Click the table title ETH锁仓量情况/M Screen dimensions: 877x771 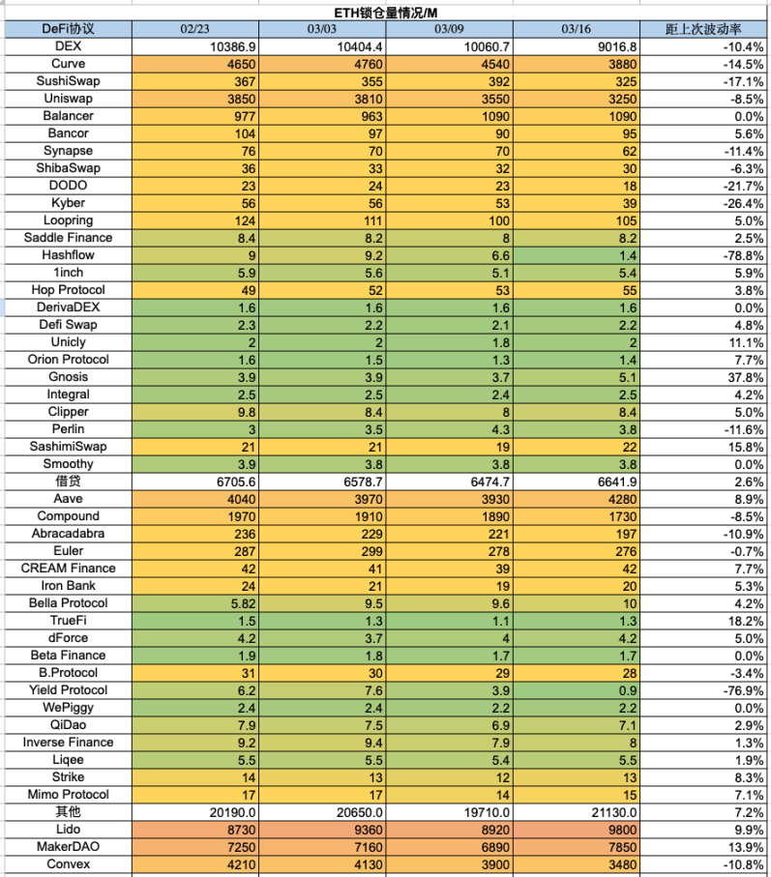click(386, 12)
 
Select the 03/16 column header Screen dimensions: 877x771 click(576, 29)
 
